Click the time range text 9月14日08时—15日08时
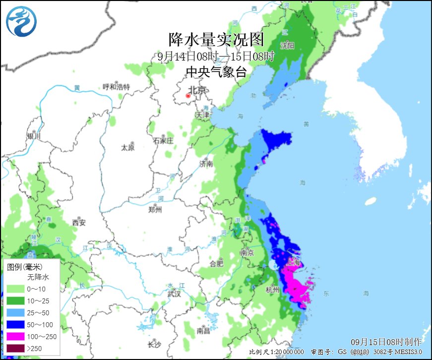[x=216, y=56]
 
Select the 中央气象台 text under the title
[x=216, y=72]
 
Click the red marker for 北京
[x=188, y=96]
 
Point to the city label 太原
[x=128, y=147]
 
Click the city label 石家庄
[x=163, y=140]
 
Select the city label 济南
[x=206, y=163]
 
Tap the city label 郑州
[x=155, y=209]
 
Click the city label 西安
[x=79, y=222]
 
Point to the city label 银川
[x=33, y=136]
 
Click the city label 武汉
[x=174, y=294]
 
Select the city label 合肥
[x=216, y=263]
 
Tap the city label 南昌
[x=203, y=330]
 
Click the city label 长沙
[x=155, y=345]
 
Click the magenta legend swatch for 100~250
[x=16, y=336]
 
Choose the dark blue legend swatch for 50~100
[x=16, y=324]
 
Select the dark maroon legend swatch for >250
[x=16, y=348]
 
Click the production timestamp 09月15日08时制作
[x=386, y=342]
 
